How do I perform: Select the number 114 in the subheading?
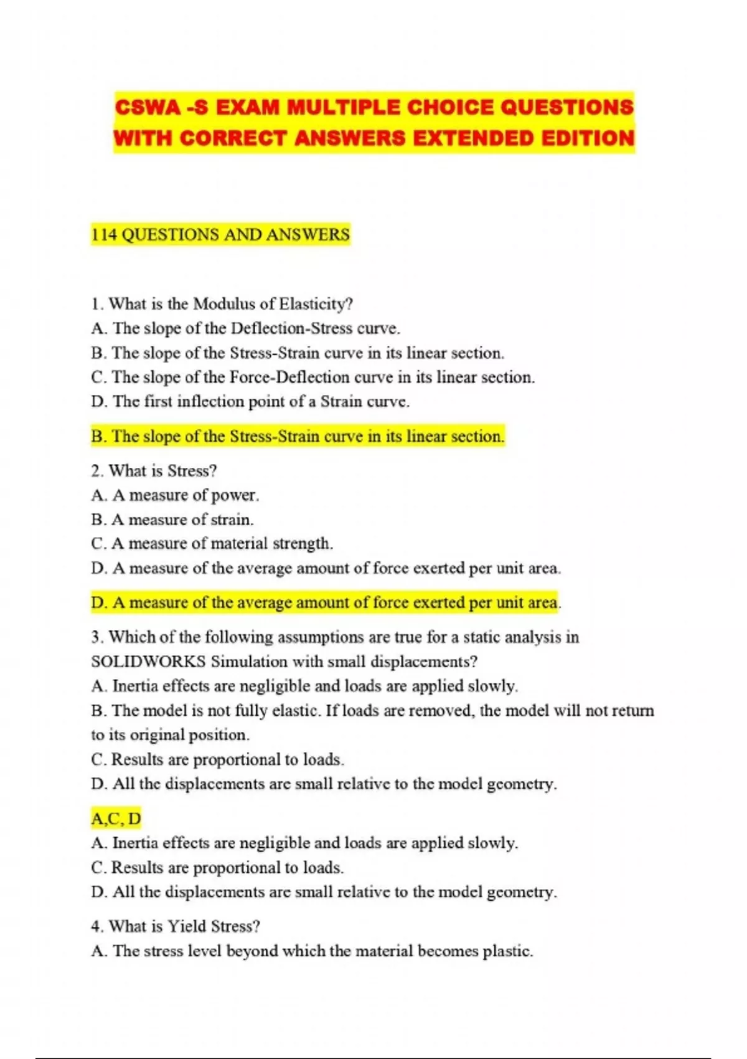[103, 235]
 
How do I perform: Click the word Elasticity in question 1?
[316, 304]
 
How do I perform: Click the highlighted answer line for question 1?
[298, 436]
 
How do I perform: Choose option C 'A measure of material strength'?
[212, 544]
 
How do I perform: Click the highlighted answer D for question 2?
[325, 602]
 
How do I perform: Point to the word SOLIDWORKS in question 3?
[148, 662]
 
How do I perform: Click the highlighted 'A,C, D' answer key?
[116, 818]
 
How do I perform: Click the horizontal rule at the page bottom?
[374, 1058]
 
